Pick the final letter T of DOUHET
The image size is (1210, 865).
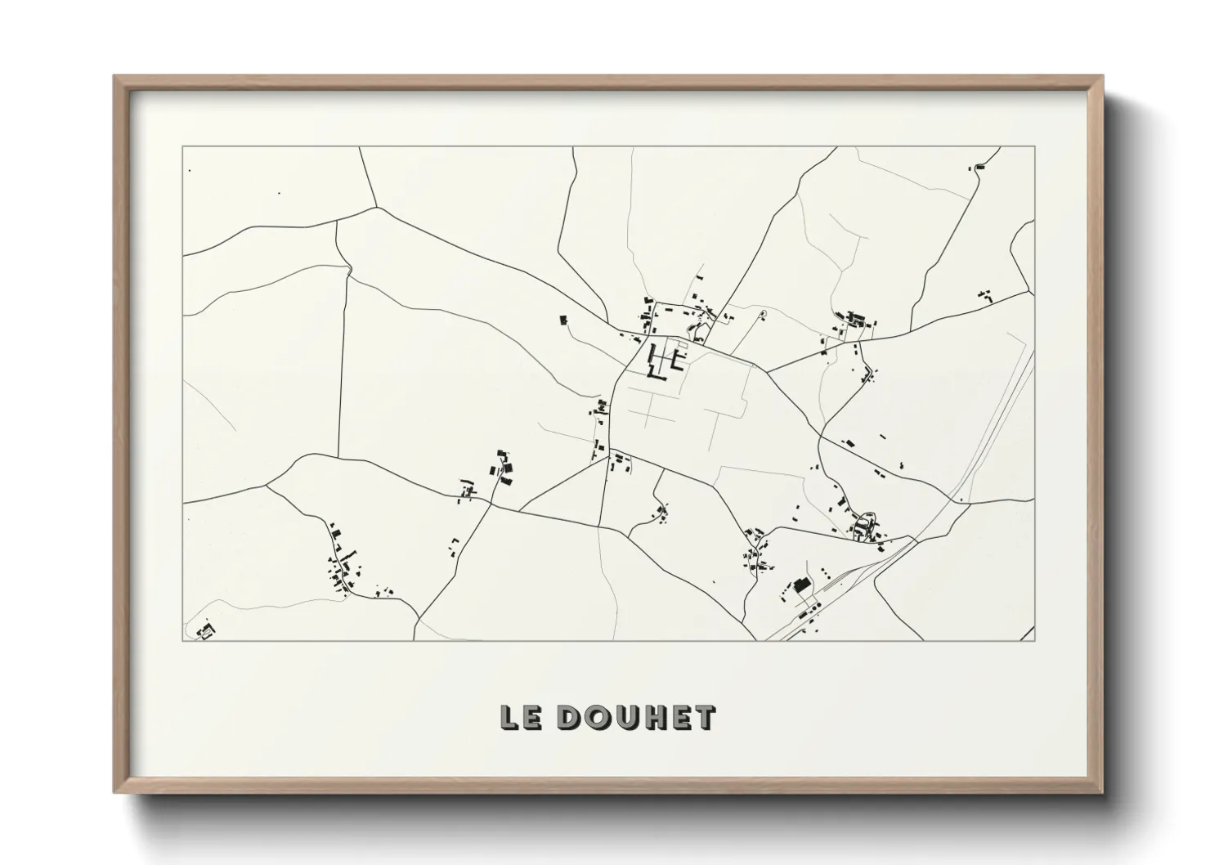click(x=704, y=717)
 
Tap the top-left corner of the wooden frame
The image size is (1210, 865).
click(x=115, y=77)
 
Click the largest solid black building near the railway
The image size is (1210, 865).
click(x=801, y=585)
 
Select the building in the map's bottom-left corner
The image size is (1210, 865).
click(x=204, y=631)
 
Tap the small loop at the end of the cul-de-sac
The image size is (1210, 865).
click(x=763, y=312)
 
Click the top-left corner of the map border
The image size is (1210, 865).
click(x=182, y=147)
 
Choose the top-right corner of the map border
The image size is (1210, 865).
click(x=1035, y=147)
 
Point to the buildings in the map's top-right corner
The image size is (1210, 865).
click(x=979, y=167)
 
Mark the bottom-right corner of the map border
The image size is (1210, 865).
click(x=1035, y=640)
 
